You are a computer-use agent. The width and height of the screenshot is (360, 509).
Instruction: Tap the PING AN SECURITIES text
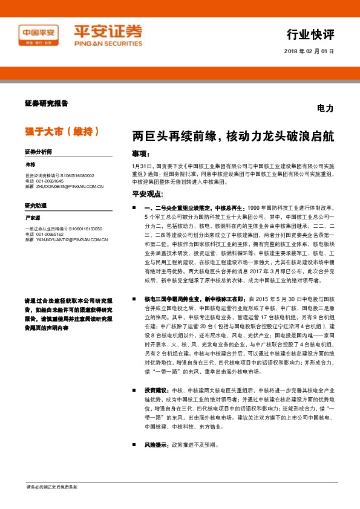tap(107, 44)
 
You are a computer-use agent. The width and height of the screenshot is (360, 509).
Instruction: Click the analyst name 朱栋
tap(31, 164)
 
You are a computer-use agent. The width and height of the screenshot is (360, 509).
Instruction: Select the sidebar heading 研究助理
tap(36, 206)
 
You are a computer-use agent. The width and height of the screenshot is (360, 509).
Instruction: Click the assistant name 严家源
tap(33, 218)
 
